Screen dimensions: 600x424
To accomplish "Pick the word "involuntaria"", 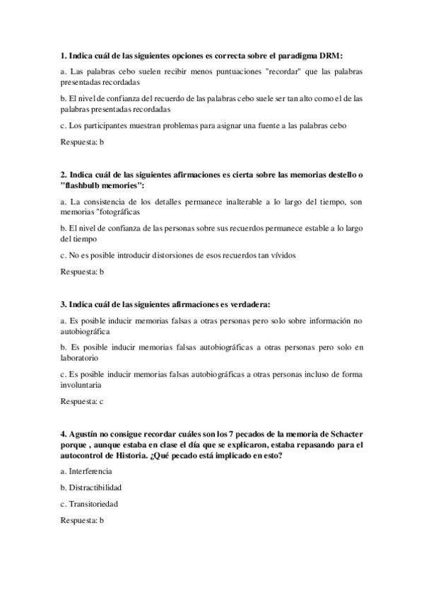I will (81, 385).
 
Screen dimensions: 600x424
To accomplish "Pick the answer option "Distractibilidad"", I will (95, 487).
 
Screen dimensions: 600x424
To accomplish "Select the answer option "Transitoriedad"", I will (93, 504).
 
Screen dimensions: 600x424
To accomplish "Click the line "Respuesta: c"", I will (83, 401).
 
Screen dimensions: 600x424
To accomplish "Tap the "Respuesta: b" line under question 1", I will (83, 142).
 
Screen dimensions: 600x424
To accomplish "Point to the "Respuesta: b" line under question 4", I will (83, 521).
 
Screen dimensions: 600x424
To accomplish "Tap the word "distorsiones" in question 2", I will (168, 255).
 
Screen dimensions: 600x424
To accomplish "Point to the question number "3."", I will (64, 304).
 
